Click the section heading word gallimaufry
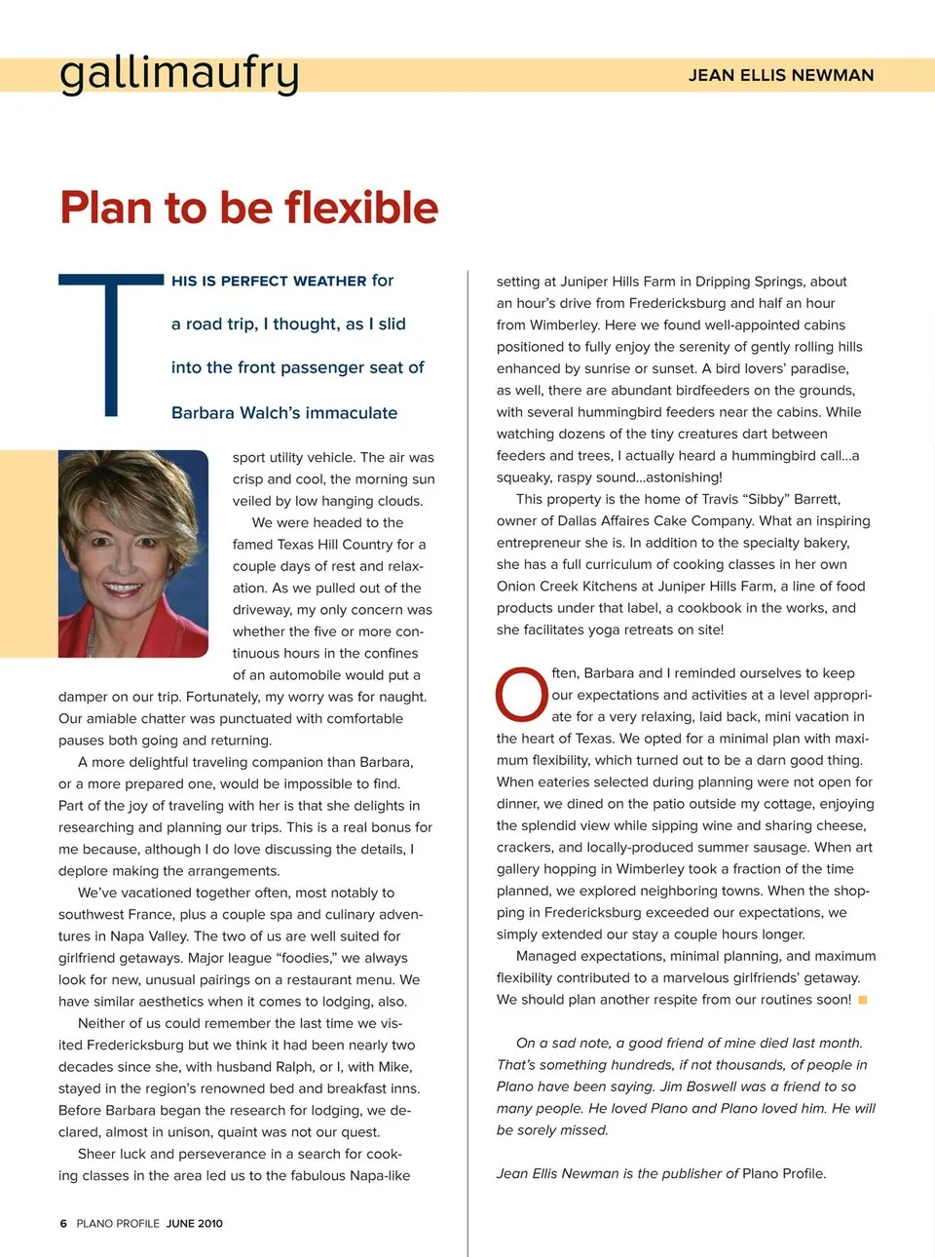(179, 74)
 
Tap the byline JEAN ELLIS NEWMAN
(780, 75)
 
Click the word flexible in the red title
(361, 208)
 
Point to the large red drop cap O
(521, 695)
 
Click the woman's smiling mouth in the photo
(123, 588)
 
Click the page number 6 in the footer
(63, 1223)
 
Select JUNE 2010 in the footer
(195, 1223)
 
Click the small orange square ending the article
(862, 1000)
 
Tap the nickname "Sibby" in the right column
(767, 499)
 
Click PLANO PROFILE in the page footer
(117, 1223)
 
